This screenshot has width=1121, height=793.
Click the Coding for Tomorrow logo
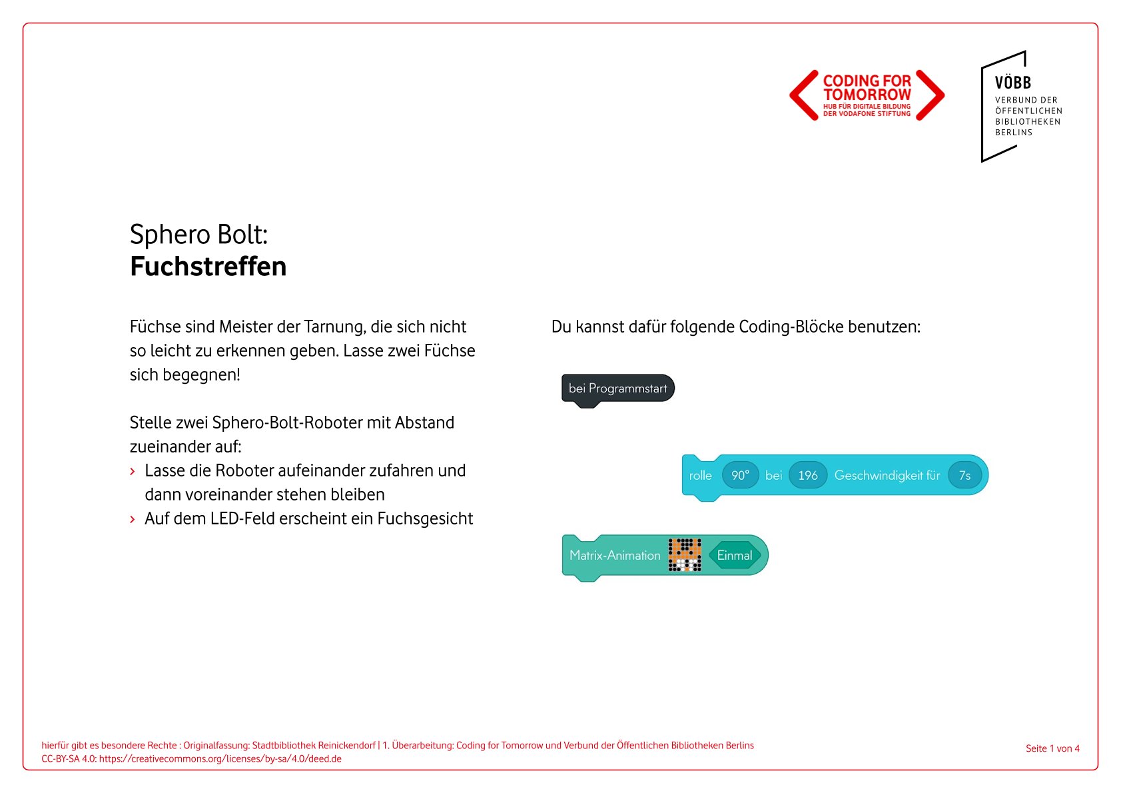pyautogui.click(x=867, y=95)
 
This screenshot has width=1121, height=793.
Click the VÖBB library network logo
pyautogui.click(x=1021, y=107)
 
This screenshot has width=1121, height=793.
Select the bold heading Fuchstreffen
pyautogui.click(x=208, y=267)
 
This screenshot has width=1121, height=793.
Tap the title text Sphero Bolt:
pyautogui.click(x=198, y=235)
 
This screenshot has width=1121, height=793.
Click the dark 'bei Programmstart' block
pyautogui.click(x=617, y=389)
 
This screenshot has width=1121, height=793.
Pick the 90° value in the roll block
pyautogui.click(x=740, y=475)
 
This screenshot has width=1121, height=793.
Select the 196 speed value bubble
pyautogui.click(x=807, y=475)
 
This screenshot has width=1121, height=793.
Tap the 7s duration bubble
pyautogui.click(x=964, y=475)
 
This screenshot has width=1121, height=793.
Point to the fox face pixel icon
pyautogui.click(x=685, y=555)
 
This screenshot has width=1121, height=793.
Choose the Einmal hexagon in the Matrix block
pyautogui.click(x=734, y=555)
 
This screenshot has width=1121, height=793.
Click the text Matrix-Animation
pyautogui.click(x=615, y=555)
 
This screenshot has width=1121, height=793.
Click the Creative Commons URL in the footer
pyautogui.click(x=220, y=758)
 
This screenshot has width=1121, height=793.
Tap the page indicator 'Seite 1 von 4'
pyautogui.click(x=1052, y=748)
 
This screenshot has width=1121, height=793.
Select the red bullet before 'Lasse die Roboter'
pyautogui.click(x=133, y=472)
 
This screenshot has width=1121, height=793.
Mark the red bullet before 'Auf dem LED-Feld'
pyautogui.click(x=133, y=520)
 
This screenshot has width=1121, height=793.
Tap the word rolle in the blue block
pyautogui.click(x=700, y=475)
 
